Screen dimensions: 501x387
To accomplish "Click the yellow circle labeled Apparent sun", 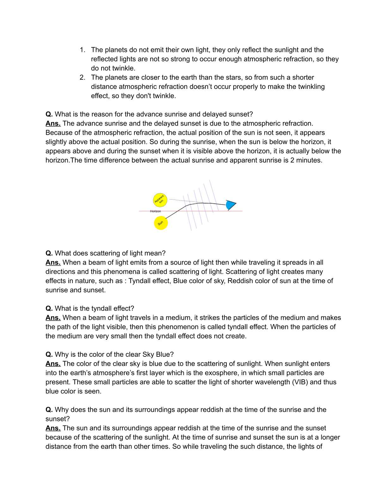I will [x=160, y=200].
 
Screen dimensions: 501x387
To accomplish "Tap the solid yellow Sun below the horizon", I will [x=161, y=223].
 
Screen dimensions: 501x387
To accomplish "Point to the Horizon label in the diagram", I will [x=155, y=211].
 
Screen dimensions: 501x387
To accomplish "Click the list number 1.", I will [x=82, y=50].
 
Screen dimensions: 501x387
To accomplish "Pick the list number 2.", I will [x=82, y=77].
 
